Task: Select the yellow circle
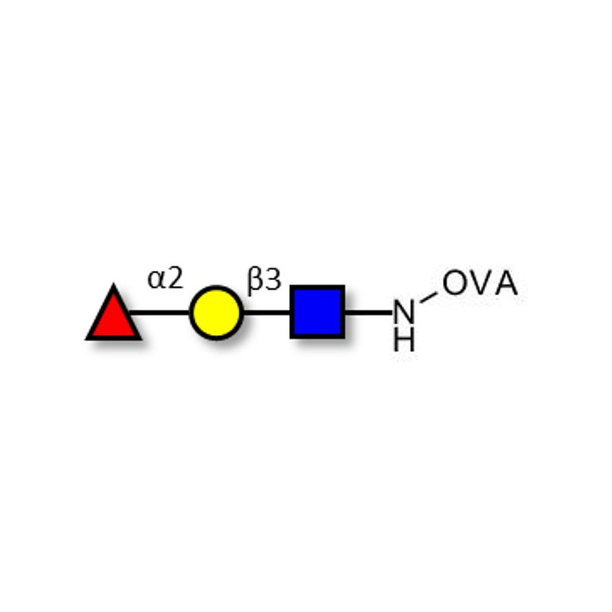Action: pyautogui.click(x=216, y=313)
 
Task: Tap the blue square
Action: pyautogui.click(x=317, y=312)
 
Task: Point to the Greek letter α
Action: pyautogui.click(x=157, y=280)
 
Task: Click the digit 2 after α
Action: pyautogui.click(x=175, y=278)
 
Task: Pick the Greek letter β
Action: pyautogui.click(x=255, y=281)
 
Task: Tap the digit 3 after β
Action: pyautogui.click(x=273, y=279)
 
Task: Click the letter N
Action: pyautogui.click(x=404, y=312)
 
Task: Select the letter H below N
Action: pyautogui.click(x=404, y=340)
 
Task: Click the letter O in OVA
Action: pyautogui.click(x=454, y=282)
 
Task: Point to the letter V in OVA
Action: pyautogui.click(x=480, y=282)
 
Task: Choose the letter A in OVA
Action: pyautogui.click(x=506, y=282)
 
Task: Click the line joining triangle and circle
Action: pyautogui.click(x=160, y=313)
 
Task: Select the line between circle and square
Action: pyautogui.click(x=267, y=313)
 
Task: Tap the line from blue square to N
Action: pyautogui.click(x=369, y=313)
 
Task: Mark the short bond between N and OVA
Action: pyautogui.click(x=428, y=298)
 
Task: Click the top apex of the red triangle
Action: pyautogui.click(x=113, y=284)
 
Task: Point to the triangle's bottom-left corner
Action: pyautogui.click(x=86, y=340)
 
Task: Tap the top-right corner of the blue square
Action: pyautogui.click(x=344, y=285)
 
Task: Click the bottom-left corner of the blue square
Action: pyautogui.click(x=291, y=338)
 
